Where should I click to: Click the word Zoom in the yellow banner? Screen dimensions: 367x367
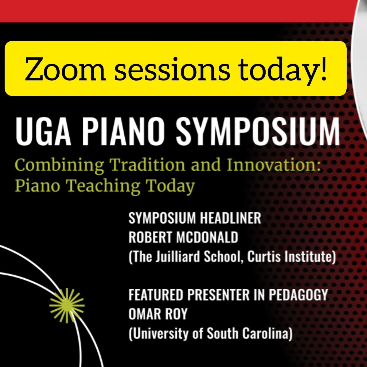pyautogui.click(x=65, y=69)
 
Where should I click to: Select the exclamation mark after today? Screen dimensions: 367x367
pyautogui.click(x=323, y=68)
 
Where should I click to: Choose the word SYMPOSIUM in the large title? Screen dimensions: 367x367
pyautogui.click(x=258, y=132)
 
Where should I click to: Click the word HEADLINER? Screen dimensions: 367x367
pyautogui.click(x=230, y=218)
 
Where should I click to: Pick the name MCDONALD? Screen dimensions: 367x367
pyautogui.click(x=207, y=238)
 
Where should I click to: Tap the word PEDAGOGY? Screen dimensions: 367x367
pyautogui.click(x=298, y=295)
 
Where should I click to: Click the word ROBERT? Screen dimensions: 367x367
pyautogui.click(x=150, y=238)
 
